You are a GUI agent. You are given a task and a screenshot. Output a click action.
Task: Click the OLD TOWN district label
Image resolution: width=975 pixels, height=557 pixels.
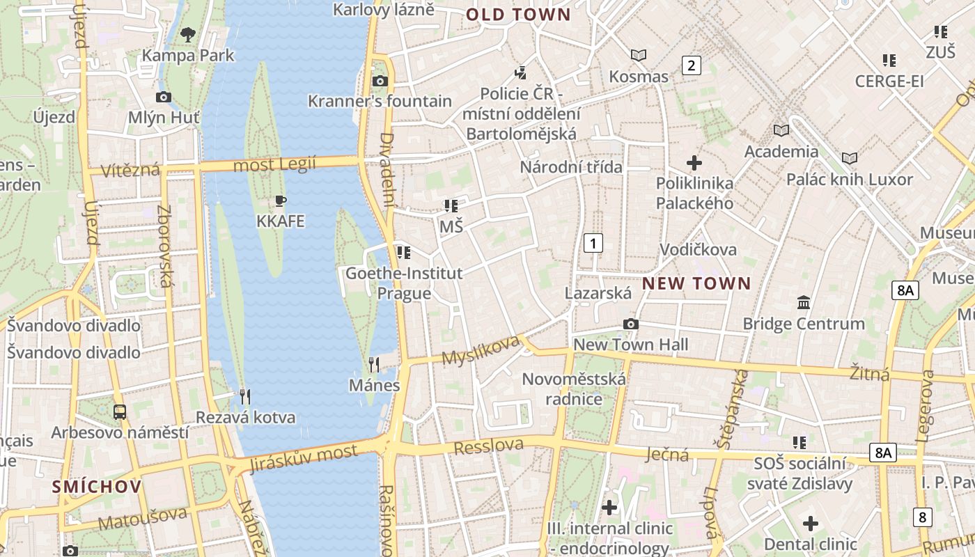click(x=518, y=15)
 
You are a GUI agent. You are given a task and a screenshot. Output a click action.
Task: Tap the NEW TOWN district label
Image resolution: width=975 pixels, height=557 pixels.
click(x=696, y=283)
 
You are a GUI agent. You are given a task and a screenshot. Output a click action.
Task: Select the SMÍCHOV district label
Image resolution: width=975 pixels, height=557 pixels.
click(x=97, y=487)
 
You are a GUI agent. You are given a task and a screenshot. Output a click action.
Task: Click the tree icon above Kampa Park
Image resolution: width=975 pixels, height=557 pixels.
click(x=187, y=33)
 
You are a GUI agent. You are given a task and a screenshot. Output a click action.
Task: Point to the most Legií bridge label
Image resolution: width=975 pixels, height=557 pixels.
click(x=274, y=165)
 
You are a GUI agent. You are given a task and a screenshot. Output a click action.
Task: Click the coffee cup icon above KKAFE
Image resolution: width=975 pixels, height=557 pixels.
click(x=281, y=201)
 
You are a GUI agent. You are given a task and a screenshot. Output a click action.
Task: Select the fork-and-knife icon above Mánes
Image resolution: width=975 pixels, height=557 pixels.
click(x=374, y=364)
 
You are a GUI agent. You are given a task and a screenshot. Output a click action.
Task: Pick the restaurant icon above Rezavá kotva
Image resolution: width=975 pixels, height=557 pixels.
click(x=245, y=397)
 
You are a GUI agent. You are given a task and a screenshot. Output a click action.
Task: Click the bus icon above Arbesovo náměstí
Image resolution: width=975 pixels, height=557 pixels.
click(x=120, y=411)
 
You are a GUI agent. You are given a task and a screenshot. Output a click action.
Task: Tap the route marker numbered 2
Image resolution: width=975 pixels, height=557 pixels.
click(x=691, y=66)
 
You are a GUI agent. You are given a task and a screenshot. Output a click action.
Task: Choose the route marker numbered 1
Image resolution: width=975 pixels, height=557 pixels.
click(x=593, y=243)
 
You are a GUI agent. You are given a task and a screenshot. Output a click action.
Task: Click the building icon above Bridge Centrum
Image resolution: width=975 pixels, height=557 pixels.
click(x=804, y=303)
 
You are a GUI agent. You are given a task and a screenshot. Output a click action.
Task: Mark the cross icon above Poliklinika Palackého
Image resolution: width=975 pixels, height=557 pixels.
click(x=694, y=163)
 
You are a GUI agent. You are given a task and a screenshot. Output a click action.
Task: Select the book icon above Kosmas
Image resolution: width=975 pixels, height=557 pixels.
click(x=638, y=55)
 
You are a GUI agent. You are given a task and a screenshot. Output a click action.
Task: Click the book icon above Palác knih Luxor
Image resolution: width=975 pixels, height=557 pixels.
click(x=849, y=158)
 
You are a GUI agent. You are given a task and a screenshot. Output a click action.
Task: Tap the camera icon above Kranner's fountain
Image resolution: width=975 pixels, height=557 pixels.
click(x=380, y=81)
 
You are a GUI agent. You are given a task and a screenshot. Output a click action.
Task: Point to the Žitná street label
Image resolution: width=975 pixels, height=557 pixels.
click(x=870, y=374)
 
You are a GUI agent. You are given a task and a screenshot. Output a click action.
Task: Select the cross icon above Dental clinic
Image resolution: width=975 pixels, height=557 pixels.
click(x=810, y=523)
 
